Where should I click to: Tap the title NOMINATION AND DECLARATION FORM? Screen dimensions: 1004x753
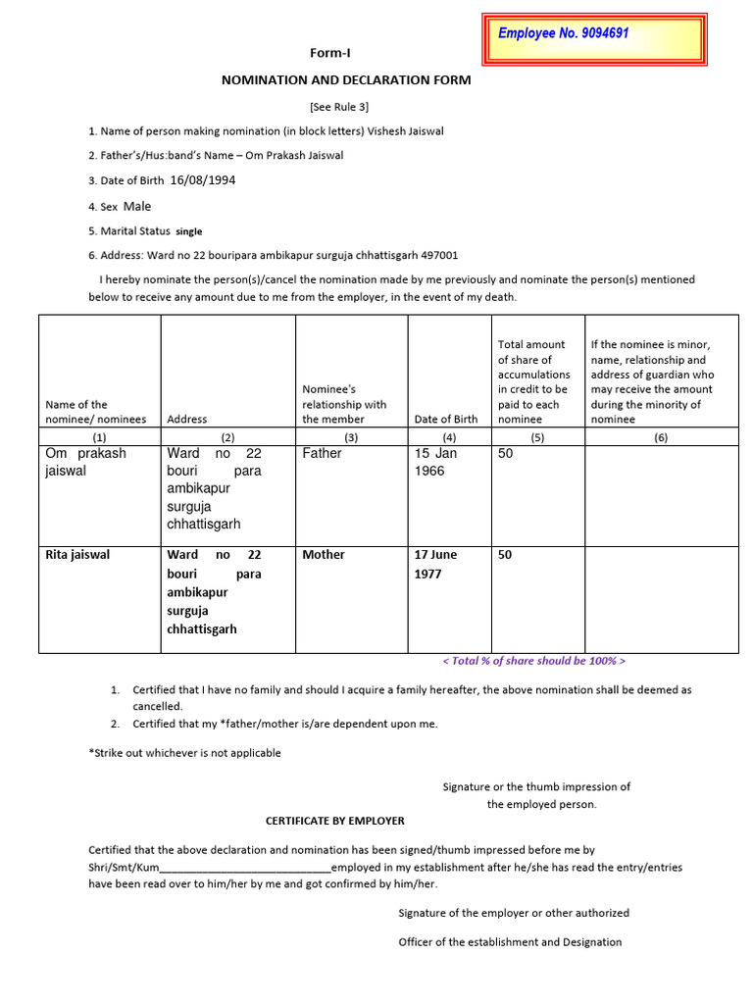[x=346, y=80]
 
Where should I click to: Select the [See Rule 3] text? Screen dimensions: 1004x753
[x=339, y=107]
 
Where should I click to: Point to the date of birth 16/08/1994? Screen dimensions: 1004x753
[x=203, y=180]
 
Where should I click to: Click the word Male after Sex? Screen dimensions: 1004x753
[x=137, y=207]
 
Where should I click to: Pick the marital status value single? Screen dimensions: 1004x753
[x=188, y=232]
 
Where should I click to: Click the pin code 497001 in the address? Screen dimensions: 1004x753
[x=439, y=256]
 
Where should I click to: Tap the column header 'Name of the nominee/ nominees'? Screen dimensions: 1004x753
[x=95, y=412]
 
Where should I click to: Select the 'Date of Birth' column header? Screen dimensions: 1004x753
[x=446, y=419]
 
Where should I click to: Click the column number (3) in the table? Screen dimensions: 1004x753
[x=352, y=437]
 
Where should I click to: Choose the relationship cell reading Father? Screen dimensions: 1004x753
[x=322, y=454]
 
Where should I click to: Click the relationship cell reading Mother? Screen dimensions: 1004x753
[x=324, y=555]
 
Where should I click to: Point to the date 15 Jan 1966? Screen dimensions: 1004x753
[x=436, y=462]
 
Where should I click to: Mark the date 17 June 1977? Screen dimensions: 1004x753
[x=436, y=564]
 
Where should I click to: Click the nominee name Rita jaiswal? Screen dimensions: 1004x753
[x=77, y=555]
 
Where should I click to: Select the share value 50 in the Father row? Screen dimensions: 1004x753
[x=506, y=454]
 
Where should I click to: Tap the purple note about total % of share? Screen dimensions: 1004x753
[x=533, y=661]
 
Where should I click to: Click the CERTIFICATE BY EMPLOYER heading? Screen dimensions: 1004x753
[x=335, y=821]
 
